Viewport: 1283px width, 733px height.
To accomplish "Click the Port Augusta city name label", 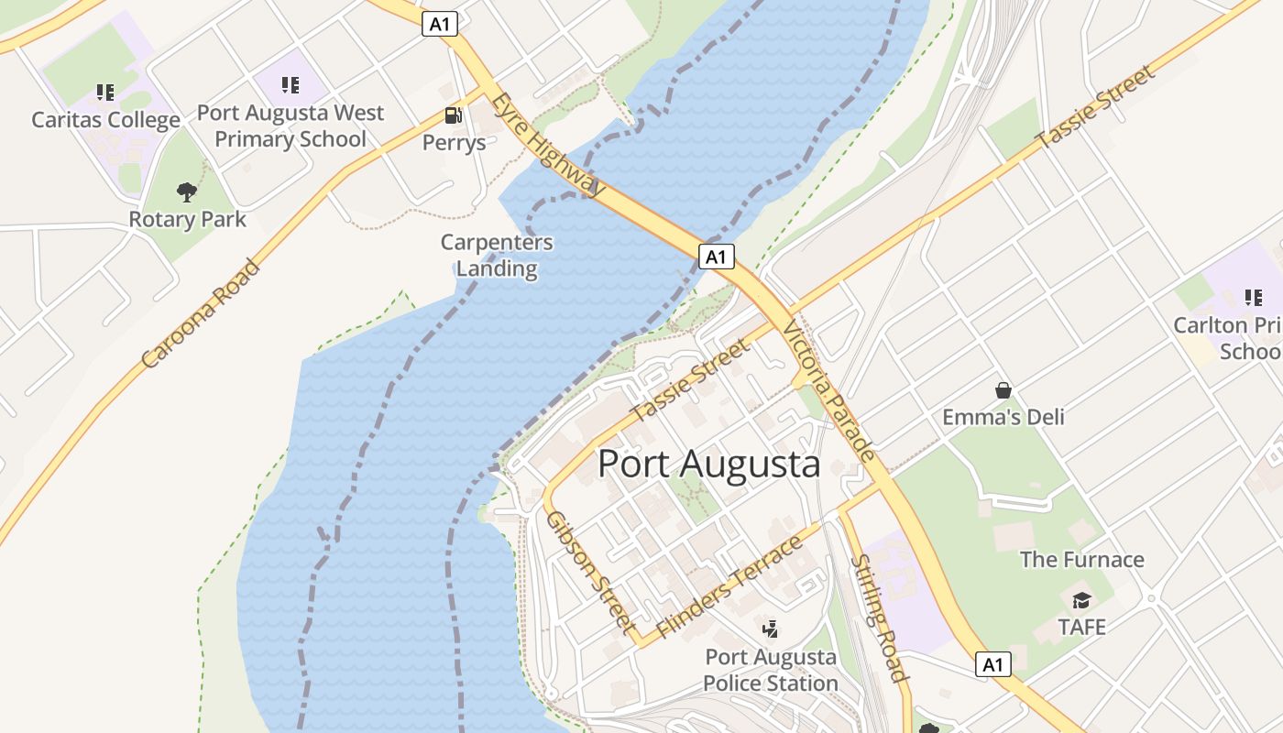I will tap(708, 464).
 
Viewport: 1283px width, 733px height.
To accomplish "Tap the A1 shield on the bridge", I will tap(716, 257).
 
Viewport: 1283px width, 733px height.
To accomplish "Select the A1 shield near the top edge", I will tap(440, 24).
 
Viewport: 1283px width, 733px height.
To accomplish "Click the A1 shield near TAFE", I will tap(992, 664).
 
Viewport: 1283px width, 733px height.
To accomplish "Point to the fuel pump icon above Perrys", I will tap(453, 115).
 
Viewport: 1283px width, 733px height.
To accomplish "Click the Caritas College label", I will tap(105, 120).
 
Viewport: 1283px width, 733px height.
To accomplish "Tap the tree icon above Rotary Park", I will tap(187, 192).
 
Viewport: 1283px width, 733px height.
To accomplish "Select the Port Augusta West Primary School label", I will tap(291, 126).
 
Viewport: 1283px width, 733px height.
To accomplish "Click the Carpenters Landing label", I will tap(497, 256).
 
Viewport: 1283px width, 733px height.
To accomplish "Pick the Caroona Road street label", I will tap(202, 314).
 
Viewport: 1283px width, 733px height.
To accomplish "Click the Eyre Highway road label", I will tap(548, 145).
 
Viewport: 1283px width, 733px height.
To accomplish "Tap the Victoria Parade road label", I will tap(829, 390).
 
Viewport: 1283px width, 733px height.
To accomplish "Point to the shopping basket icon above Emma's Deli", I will tap(1003, 390).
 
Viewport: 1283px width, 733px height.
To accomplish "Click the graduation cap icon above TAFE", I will tap(1081, 600).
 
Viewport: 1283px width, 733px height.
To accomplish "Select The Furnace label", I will tap(1081, 560).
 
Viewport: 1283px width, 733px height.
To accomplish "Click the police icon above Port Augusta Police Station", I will tap(771, 629).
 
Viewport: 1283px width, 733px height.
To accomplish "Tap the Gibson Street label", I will tap(591, 572).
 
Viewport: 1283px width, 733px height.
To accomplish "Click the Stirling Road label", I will tap(879, 618).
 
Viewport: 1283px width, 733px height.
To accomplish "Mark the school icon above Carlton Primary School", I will tap(1253, 297).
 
